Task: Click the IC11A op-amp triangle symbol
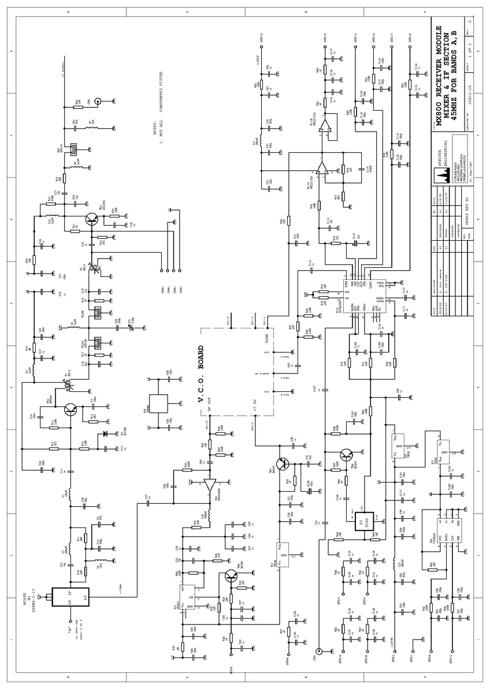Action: tap(322, 169)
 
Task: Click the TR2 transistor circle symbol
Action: tap(70, 409)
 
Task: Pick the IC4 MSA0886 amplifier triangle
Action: tap(210, 485)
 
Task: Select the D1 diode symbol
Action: tap(105, 433)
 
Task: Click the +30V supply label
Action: tap(259, 59)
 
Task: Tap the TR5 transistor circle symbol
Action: tap(283, 463)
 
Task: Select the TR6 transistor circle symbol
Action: tap(347, 455)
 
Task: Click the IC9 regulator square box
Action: tap(158, 403)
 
